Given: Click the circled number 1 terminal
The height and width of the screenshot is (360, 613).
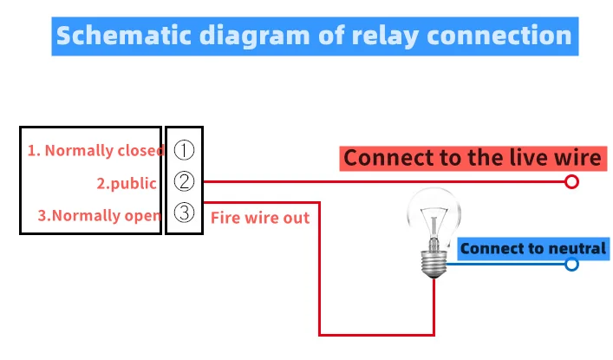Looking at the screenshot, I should (x=184, y=150).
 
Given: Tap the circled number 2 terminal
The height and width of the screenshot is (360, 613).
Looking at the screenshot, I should (x=184, y=182).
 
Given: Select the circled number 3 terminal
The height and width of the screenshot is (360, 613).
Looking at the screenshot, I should (x=184, y=213).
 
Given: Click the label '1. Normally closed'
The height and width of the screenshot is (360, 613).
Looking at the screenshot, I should (x=95, y=150).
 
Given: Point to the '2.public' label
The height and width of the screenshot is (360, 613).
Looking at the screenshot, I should (x=127, y=183).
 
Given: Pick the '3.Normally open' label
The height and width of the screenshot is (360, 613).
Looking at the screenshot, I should (x=99, y=215).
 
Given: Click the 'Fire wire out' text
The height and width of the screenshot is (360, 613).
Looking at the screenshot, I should (x=260, y=218).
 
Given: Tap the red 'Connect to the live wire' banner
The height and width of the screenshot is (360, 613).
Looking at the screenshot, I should (x=473, y=158).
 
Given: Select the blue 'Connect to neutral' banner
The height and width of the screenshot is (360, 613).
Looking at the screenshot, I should (x=532, y=249).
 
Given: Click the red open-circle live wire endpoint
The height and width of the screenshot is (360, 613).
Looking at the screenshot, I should (x=571, y=182).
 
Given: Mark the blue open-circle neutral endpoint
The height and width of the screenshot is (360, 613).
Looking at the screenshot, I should (x=571, y=264).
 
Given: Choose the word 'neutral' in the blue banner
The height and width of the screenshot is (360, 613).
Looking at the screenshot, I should (x=577, y=249).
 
